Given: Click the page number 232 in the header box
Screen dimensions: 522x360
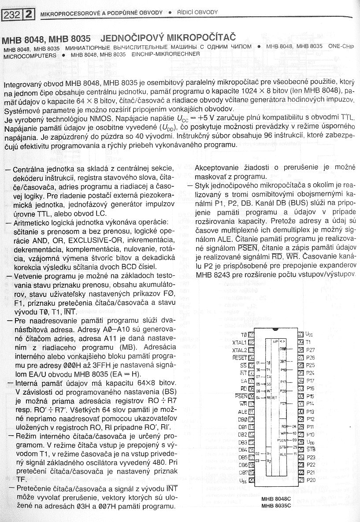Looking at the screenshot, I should coord(11,15).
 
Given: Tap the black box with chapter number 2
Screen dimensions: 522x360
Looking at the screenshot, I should coord(28,15).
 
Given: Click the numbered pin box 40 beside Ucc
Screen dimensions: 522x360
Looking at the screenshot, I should coord(301,334).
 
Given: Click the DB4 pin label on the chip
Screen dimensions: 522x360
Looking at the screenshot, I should coord(243,449).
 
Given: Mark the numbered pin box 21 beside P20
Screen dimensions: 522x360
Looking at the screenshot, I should coord(301,480).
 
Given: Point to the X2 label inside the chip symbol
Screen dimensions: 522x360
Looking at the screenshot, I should coord(269,461).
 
